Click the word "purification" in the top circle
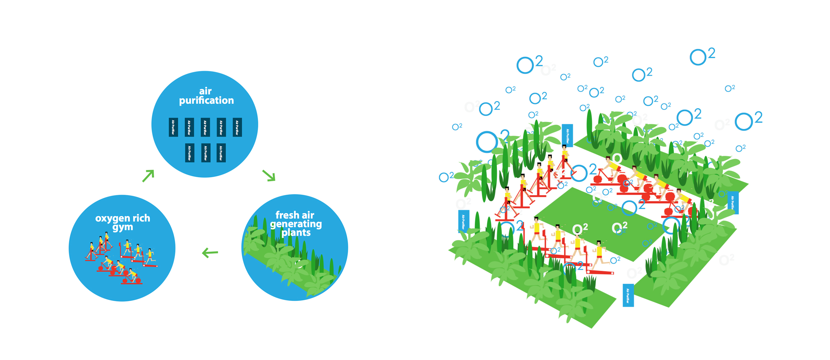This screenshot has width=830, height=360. coord(206,101)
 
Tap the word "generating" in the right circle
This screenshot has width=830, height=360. coord(296,224)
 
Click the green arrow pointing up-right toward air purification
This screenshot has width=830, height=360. coord(148,176)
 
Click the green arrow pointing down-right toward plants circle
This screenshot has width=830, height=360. coord(269,176)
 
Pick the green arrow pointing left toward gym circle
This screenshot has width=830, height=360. coord(210,253)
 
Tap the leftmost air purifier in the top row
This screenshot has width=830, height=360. coord(173,127)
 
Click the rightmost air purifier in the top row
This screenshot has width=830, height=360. coord(237,127)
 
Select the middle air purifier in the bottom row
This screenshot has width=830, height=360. coord(206,153)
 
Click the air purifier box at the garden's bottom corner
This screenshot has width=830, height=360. coord(628,295)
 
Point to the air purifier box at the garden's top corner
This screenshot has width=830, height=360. coord(567,136)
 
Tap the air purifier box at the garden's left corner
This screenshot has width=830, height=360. coord(463,221)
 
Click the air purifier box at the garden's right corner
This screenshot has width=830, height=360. coord(733,203)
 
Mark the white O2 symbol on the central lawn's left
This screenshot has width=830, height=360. coord(580,229)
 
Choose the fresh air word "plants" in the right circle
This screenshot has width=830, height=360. coord(296,233)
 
